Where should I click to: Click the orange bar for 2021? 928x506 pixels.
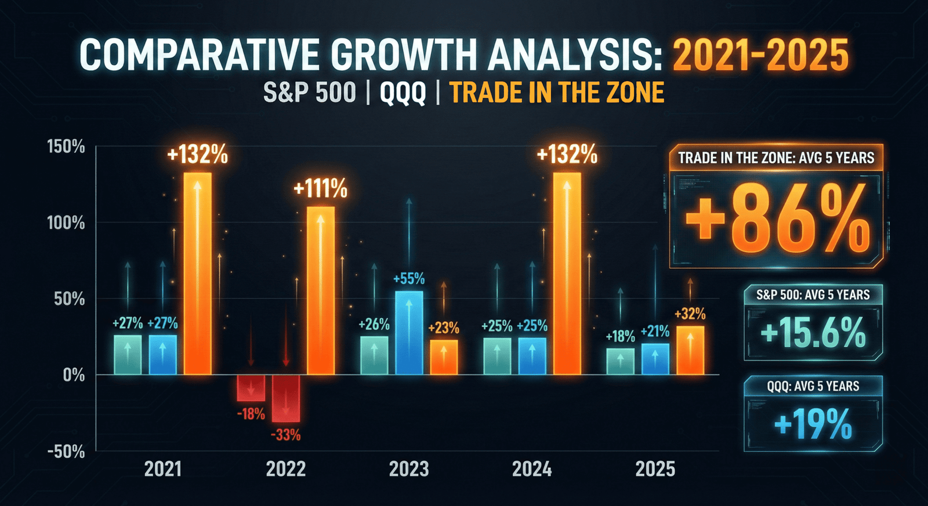click(x=198, y=272)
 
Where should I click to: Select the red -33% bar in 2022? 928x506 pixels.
click(x=286, y=398)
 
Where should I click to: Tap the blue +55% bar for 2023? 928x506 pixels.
click(x=409, y=333)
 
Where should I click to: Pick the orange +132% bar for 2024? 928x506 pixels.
click(x=567, y=272)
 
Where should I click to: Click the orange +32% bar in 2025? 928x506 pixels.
click(x=690, y=350)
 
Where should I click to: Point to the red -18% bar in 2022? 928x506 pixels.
click(x=251, y=388)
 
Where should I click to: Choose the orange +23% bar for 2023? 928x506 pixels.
click(x=444, y=356)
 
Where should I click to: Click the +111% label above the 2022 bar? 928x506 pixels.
click(x=320, y=189)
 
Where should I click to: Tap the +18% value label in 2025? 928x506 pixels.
click(x=620, y=336)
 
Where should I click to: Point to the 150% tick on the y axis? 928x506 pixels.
click(x=66, y=147)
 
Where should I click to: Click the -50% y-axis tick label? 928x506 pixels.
click(x=66, y=452)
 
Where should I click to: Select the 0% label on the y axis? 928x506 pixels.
click(x=74, y=375)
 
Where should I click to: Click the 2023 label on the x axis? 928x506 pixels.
click(x=409, y=469)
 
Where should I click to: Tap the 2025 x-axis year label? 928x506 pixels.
click(x=655, y=469)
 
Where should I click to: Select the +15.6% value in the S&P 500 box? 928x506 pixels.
click(x=813, y=333)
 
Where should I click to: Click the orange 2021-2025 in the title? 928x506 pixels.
click(x=760, y=56)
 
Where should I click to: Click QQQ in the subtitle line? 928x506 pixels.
click(x=403, y=93)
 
